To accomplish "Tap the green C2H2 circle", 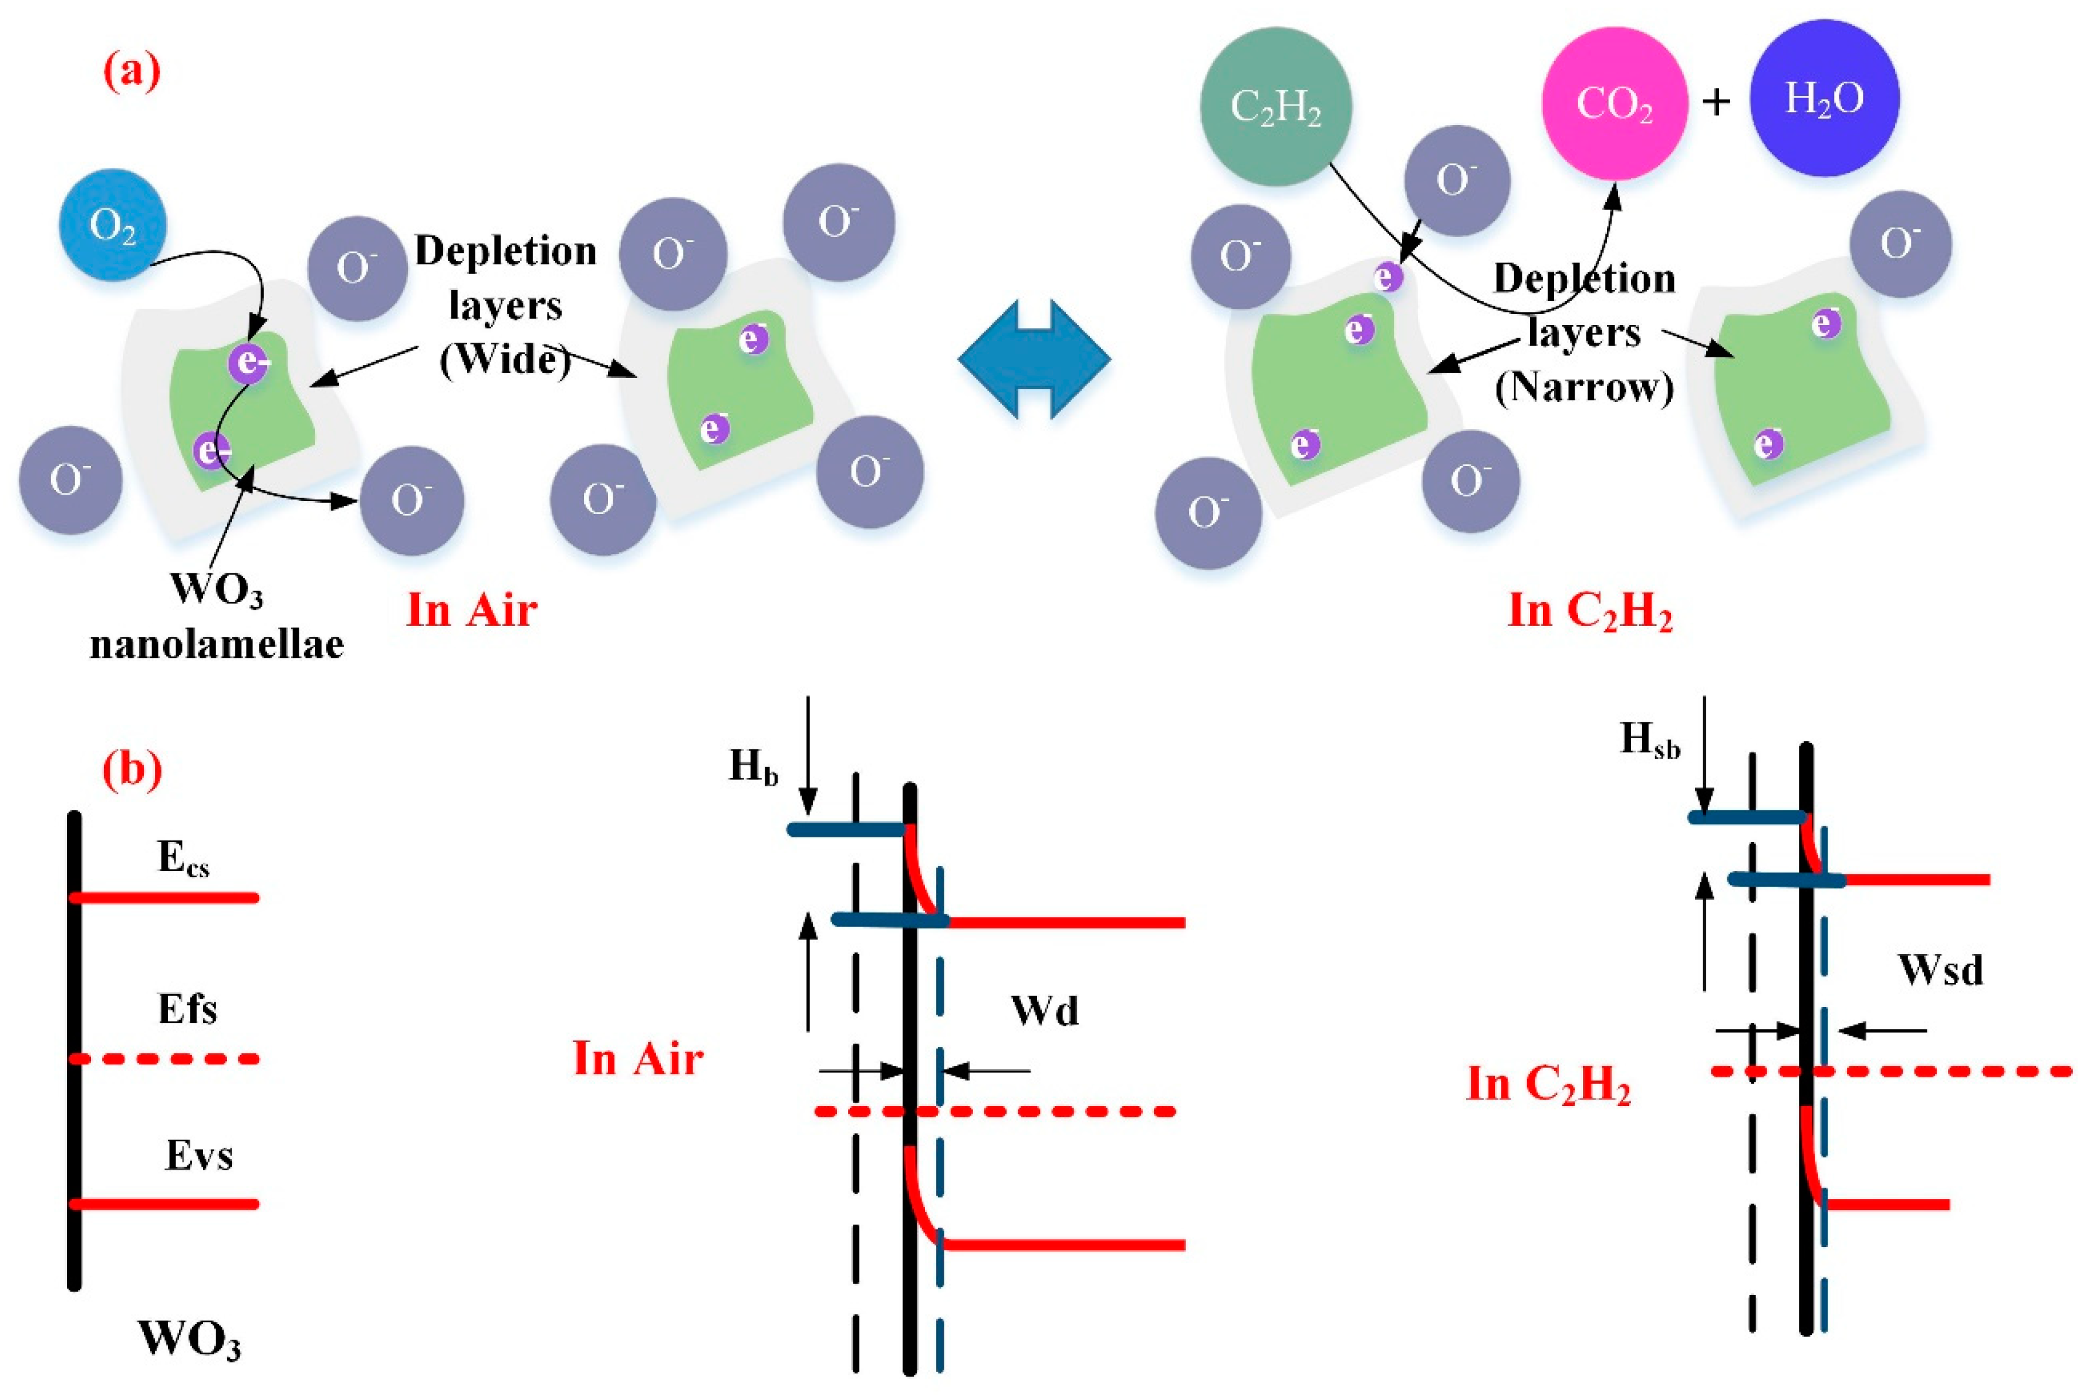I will point(1275,107).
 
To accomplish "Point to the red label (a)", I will point(132,71).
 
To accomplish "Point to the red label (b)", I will point(132,768).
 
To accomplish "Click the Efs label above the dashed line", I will point(187,1009).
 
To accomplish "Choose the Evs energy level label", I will point(198,1155).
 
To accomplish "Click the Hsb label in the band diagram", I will point(1649,741).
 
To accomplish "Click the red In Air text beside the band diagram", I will point(637,1059).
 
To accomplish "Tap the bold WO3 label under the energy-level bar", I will point(189,1338).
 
